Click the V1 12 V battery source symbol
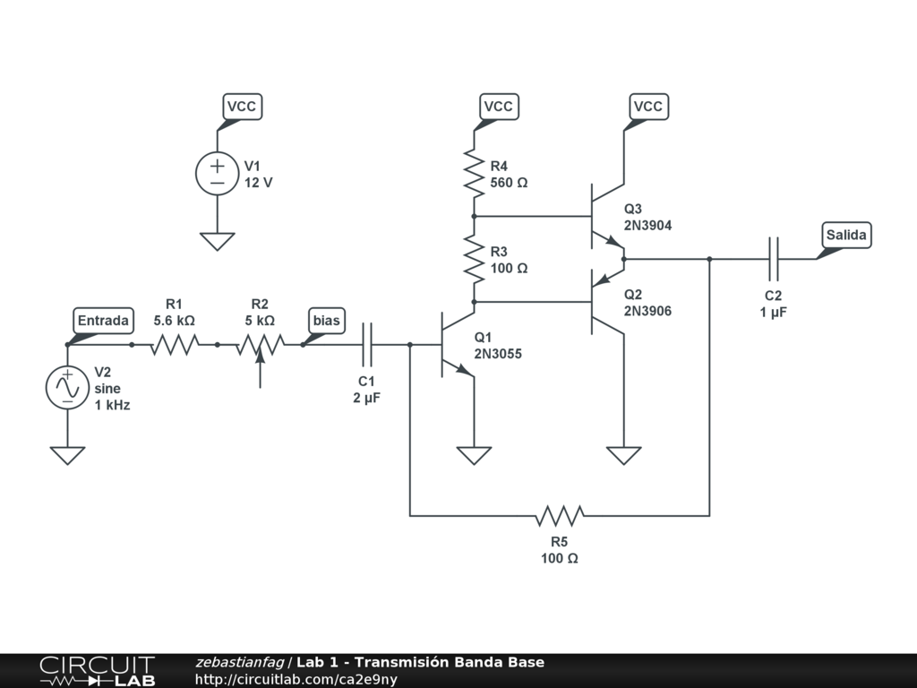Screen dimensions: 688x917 [x=217, y=173]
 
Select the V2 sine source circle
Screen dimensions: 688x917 [x=67, y=388]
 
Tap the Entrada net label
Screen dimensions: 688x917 [x=104, y=321]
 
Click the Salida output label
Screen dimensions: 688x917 [x=846, y=236]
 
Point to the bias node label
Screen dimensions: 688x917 [x=326, y=321]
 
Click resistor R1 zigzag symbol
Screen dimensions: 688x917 [x=175, y=344]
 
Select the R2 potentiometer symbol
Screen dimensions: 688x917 [x=260, y=346]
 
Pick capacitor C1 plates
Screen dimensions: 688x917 [x=367, y=344]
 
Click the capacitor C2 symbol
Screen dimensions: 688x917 [x=774, y=259]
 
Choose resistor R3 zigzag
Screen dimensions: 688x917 [x=473, y=258]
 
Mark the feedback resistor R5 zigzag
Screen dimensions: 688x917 [x=560, y=515]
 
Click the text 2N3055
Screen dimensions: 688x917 [x=498, y=354]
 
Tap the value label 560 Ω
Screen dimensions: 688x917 [x=510, y=182]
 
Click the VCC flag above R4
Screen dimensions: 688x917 [x=498, y=107]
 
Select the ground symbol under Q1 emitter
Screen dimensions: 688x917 [x=474, y=455]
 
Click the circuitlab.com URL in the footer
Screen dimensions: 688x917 [x=296, y=679]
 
